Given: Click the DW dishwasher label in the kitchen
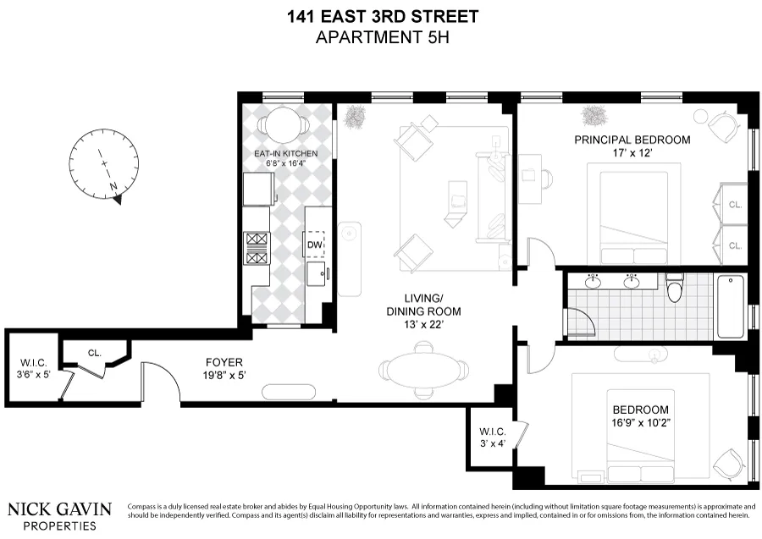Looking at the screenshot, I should pos(314,245).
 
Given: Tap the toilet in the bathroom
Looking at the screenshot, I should pos(675,290).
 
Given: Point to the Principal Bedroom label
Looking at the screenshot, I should pos(632,140).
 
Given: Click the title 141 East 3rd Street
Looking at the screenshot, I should pos(381,16).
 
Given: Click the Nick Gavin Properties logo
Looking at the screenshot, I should pos(59,514).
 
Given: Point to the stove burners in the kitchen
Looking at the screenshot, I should pos(257,250).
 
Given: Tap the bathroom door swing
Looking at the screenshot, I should pos(579,322).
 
